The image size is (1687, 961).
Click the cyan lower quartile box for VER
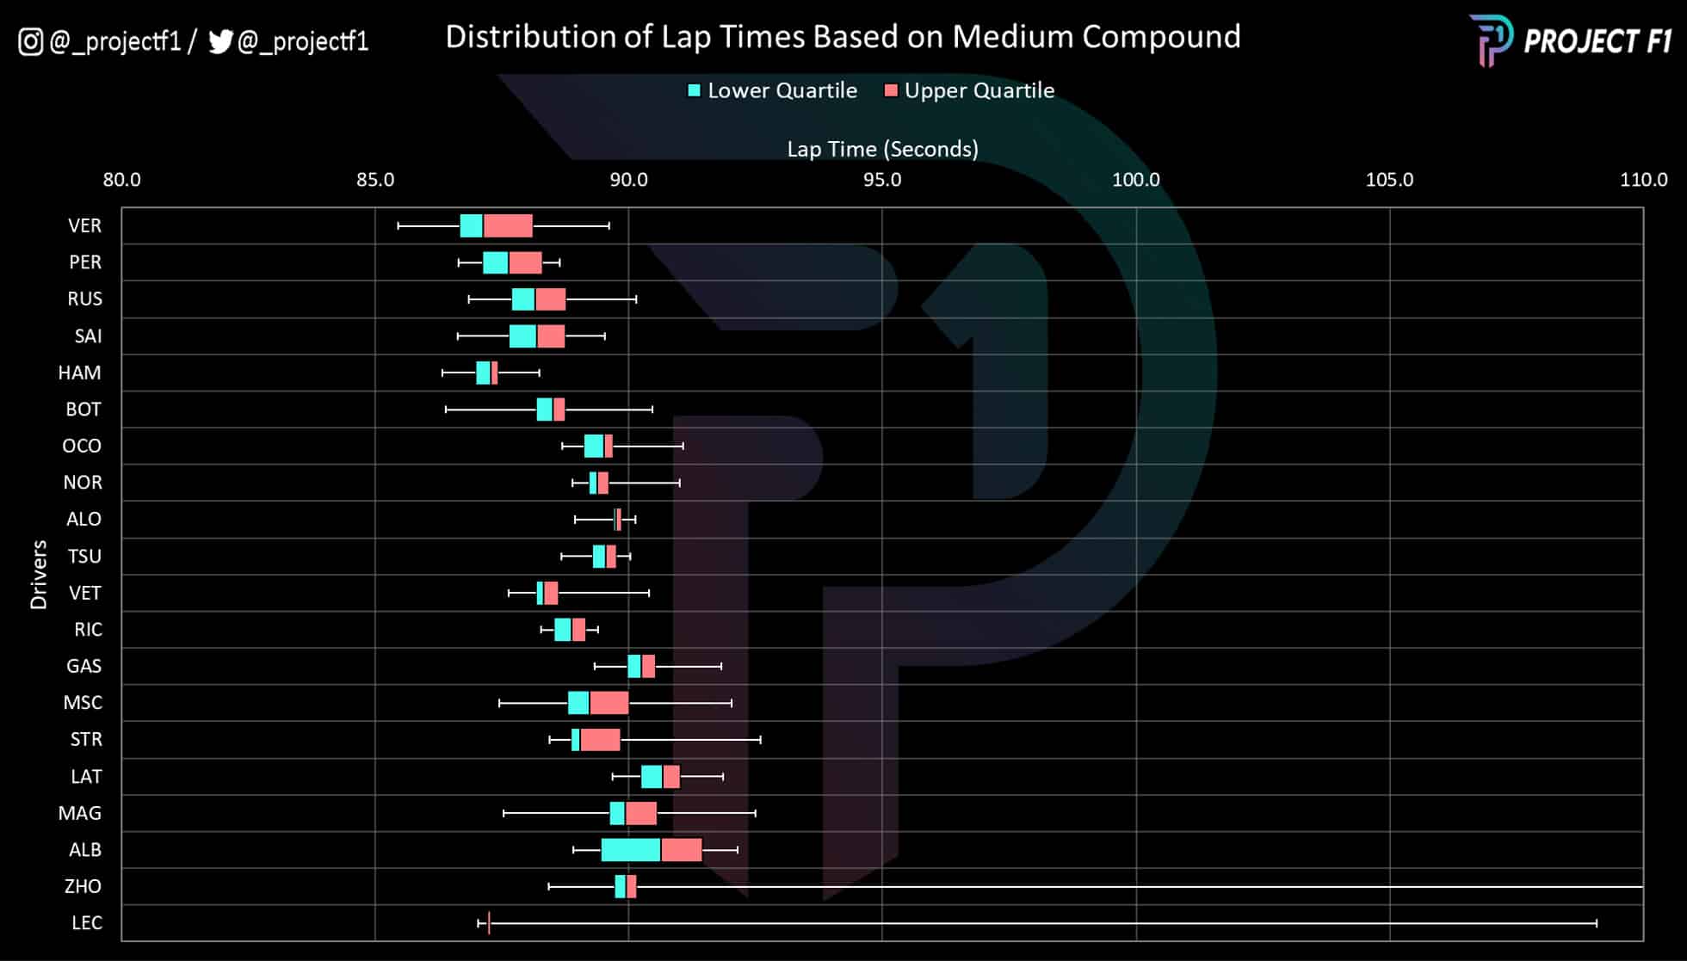click(472, 225)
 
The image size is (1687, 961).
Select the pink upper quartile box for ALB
click(682, 850)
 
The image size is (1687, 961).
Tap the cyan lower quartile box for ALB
click(631, 850)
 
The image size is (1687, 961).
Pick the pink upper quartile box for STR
click(600, 740)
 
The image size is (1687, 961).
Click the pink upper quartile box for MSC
click(609, 703)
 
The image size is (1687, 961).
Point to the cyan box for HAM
click(483, 373)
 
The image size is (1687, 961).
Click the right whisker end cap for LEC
click(1597, 923)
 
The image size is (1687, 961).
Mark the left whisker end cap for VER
click(399, 225)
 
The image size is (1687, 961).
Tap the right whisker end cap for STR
click(761, 740)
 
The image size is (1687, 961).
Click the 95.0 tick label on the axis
click(882, 180)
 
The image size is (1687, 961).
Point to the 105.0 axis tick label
click(1389, 180)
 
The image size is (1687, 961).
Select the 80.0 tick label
click(122, 180)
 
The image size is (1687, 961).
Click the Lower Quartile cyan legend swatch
click(695, 90)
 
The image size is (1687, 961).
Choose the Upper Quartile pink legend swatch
click(891, 90)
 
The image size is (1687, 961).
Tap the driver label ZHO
click(83, 886)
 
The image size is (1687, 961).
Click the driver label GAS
click(83, 666)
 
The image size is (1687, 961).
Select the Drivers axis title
click(39, 575)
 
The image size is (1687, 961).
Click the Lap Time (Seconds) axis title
click(882, 149)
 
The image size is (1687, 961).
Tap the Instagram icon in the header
click(31, 41)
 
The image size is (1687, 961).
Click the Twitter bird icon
click(220, 41)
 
